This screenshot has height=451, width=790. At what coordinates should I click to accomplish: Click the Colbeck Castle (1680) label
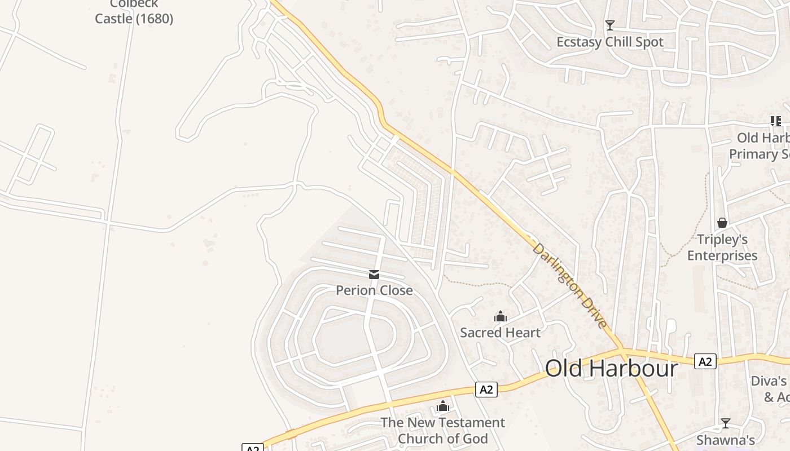(134, 12)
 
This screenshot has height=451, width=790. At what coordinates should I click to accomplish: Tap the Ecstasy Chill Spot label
(609, 42)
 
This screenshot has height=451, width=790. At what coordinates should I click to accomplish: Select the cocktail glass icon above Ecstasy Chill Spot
(609, 25)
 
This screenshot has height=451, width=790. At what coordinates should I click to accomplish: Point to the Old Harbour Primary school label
(759, 145)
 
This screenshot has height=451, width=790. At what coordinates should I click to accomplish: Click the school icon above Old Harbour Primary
(776, 121)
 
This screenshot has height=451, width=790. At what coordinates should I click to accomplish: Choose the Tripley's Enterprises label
(722, 247)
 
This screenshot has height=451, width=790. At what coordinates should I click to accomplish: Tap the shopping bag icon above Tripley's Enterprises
(722, 223)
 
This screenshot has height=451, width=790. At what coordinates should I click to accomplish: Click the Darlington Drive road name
(570, 286)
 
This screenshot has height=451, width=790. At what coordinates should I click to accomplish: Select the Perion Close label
(374, 290)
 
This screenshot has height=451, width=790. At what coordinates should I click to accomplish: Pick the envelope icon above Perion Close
(374, 275)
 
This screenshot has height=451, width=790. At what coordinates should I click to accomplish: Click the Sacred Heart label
(500, 333)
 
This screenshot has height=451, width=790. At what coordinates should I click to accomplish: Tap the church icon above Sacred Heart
(500, 316)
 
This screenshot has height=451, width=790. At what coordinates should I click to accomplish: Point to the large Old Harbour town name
(611, 368)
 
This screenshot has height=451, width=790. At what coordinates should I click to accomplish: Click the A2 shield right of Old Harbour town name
(705, 361)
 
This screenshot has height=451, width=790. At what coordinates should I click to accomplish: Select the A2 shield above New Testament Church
(486, 389)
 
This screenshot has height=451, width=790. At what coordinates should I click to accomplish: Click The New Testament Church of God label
(442, 430)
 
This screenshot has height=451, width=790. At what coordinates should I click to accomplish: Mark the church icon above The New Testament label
(442, 406)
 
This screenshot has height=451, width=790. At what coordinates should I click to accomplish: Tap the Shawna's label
(726, 440)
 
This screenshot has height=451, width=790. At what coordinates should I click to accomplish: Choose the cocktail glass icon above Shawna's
(726, 423)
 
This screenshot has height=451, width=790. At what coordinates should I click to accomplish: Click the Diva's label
(769, 381)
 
